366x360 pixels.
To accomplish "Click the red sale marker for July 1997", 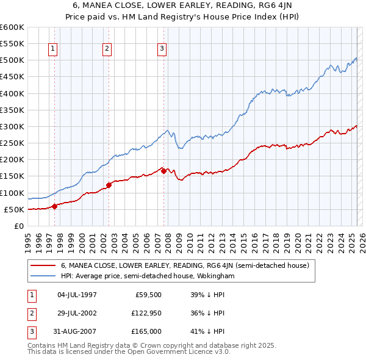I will coord(55,206).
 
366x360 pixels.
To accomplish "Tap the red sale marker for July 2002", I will coord(109,185).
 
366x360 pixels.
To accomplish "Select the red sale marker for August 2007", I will coord(164,171).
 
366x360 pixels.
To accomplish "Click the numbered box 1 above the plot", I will coord(53,49).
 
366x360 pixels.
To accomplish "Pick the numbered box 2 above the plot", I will coord(107,49).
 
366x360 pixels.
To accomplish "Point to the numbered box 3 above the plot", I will coord(162,49).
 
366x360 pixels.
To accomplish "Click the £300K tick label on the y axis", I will coord(12,126).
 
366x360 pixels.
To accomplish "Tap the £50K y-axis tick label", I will coord(15,209).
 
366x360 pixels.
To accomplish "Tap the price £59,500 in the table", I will coord(148,295).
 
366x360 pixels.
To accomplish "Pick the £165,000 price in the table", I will coord(146,331).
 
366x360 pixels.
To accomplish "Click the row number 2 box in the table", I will coord(30,313).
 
